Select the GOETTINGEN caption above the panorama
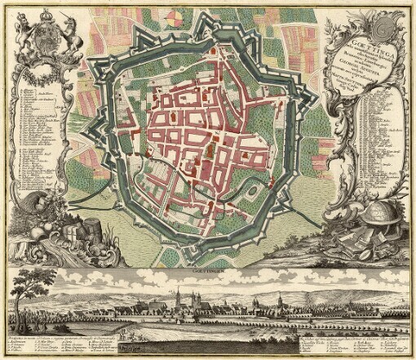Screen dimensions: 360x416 [x=209, y=268]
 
